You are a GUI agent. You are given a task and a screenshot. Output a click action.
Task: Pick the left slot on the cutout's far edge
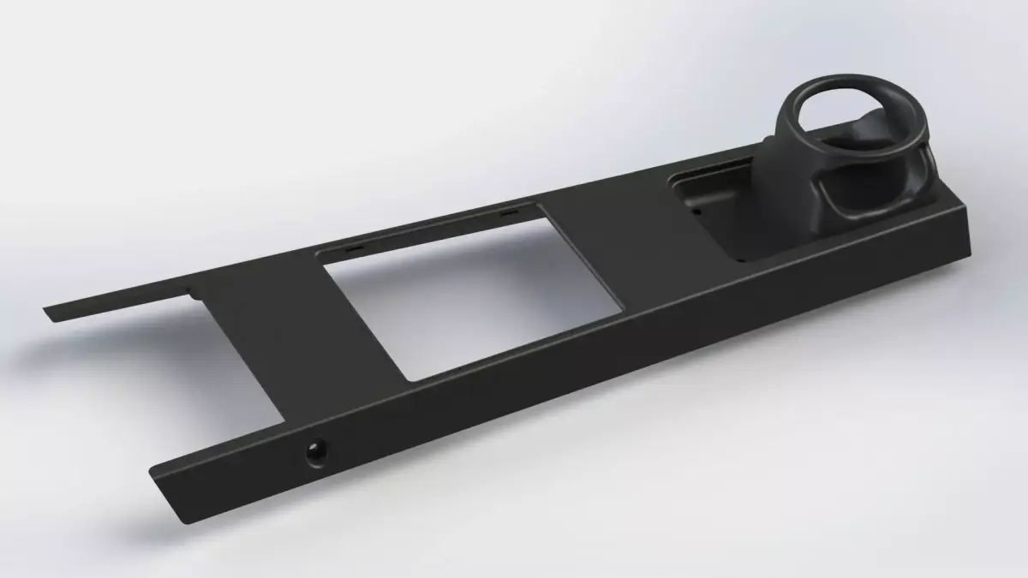[x=354, y=246]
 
